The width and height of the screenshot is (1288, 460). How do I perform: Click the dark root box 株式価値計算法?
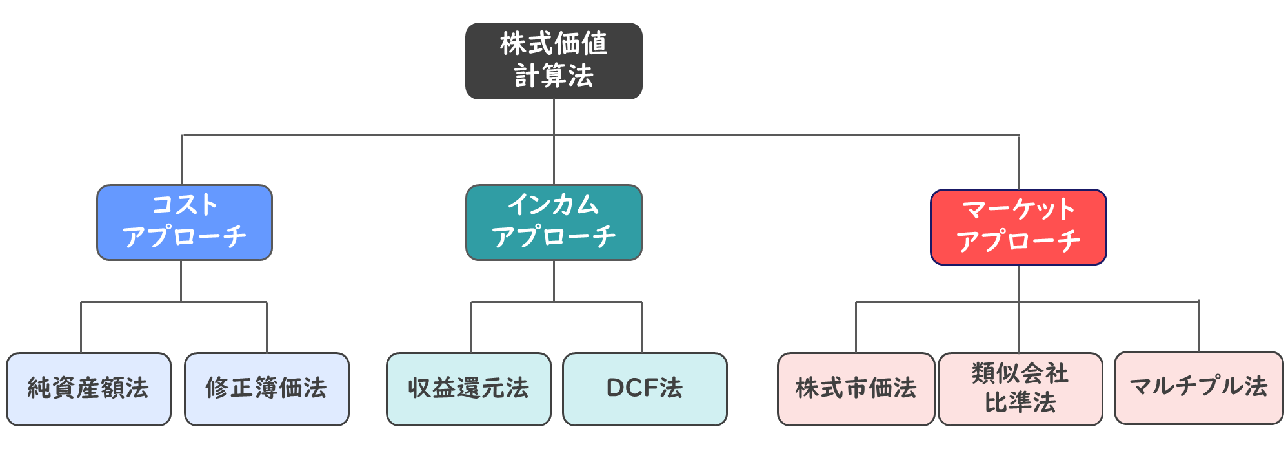(x=554, y=61)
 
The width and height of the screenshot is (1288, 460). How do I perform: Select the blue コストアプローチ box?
(x=185, y=223)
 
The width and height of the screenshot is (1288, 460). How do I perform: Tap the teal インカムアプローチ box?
(x=554, y=223)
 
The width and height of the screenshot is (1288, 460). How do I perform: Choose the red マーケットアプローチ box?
(x=1018, y=227)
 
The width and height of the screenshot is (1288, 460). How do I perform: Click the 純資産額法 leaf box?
(x=88, y=389)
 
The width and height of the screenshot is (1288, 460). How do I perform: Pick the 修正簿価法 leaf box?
(x=267, y=389)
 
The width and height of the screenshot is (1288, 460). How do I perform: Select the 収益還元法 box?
(x=468, y=389)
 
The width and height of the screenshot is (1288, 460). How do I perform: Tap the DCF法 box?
(x=645, y=389)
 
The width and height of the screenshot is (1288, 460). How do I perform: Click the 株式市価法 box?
(x=856, y=389)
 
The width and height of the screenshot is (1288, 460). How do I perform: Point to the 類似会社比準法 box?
(x=1020, y=389)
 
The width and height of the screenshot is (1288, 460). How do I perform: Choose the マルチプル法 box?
(x=1198, y=388)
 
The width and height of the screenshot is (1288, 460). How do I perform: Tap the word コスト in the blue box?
(x=185, y=205)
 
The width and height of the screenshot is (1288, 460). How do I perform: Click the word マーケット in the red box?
(x=1018, y=210)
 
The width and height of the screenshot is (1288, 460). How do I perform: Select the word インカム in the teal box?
(x=554, y=205)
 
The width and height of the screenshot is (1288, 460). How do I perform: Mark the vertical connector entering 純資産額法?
(x=81, y=327)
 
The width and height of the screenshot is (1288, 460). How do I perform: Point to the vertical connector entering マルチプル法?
(x=1199, y=326)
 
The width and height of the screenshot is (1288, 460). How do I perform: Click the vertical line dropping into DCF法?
(x=641, y=327)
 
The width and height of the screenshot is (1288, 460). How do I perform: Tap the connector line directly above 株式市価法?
(x=856, y=327)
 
